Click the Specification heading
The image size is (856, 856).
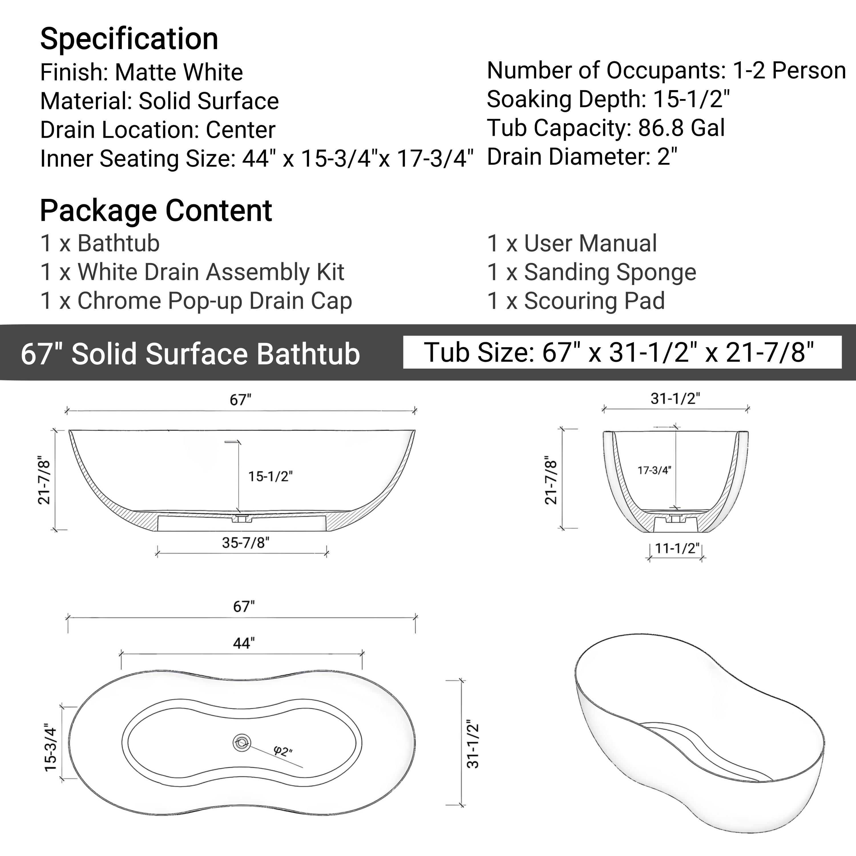[x=129, y=39]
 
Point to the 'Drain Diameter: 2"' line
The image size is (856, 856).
[x=582, y=157]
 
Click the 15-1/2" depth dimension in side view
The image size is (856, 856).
[x=270, y=476]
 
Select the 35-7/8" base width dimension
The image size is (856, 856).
[x=245, y=542]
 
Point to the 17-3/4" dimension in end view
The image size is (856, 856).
[x=654, y=470]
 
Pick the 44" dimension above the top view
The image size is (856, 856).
[x=244, y=643]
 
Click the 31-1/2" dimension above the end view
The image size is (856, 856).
[x=675, y=398]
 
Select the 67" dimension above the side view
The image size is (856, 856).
[x=240, y=400]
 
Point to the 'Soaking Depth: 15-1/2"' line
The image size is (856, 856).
[x=608, y=99]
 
